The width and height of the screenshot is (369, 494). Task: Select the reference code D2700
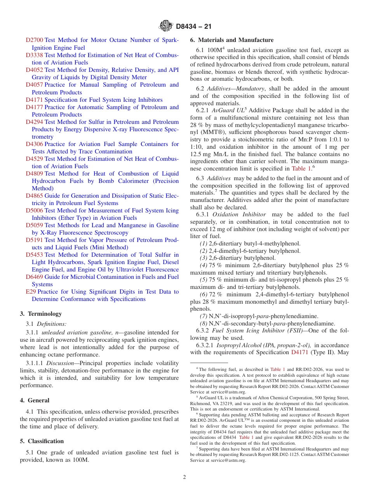click(34, 40)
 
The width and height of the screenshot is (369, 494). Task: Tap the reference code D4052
click(34, 70)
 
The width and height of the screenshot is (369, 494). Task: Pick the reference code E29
click(31, 292)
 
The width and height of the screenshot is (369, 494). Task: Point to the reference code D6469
click(34, 277)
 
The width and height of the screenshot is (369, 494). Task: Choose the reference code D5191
click(34, 240)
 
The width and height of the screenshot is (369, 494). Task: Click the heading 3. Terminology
click(41, 314)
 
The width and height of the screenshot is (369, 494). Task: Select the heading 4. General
click(35, 400)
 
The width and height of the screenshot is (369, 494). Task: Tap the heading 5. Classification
click(42, 441)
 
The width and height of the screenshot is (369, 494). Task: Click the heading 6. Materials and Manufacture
click(231, 40)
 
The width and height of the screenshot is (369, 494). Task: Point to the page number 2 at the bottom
click(184, 477)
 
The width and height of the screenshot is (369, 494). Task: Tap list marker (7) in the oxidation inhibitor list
click(204, 316)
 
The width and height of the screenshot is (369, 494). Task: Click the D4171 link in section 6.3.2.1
click(299, 353)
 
